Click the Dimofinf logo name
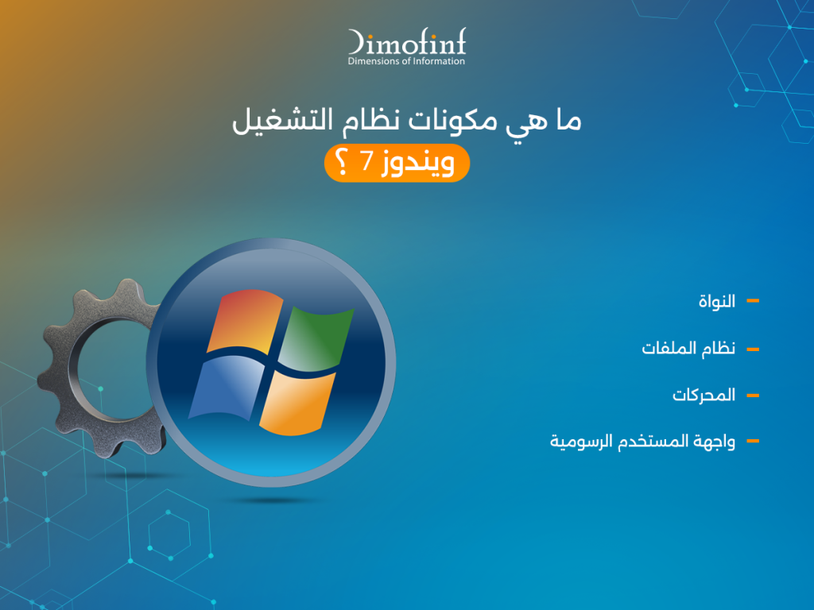[x=406, y=42]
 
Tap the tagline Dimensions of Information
[x=406, y=61]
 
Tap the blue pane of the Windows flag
[x=223, y=385]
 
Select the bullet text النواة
[x=715, y=302]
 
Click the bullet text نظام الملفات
[x=688, y=349]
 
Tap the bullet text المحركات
[x=704, y=395]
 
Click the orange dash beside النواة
[x=753, y=301]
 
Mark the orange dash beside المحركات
[x=753, y=395]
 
